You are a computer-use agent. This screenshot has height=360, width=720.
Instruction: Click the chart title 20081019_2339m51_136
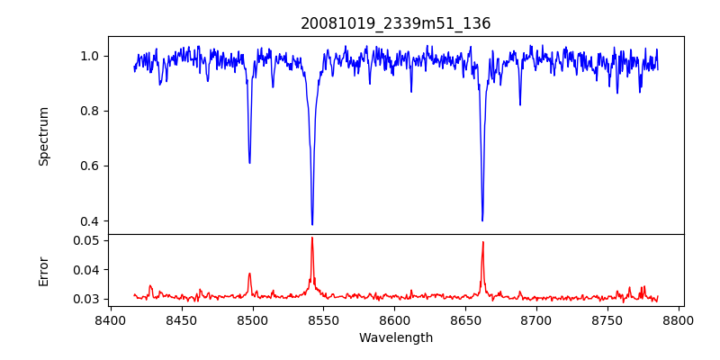click(395, 23)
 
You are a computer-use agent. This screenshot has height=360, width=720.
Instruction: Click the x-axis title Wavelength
click(395, 338)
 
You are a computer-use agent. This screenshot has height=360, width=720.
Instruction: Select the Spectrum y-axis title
click(44, 136)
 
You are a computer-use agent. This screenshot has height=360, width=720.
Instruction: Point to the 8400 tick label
click(110, 319)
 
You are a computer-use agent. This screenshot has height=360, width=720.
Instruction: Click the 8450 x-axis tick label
click(181, 319)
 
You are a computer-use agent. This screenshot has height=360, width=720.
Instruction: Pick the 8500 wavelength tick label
click(252, 319)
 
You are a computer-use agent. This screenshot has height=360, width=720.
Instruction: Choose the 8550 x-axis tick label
click(323, 319)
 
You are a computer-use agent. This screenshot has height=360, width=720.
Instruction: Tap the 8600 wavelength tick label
click(394, 319)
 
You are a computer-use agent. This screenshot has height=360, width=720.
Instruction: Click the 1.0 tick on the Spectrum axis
click(90, 56)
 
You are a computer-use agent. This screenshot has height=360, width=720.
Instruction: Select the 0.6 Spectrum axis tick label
click(90, 166)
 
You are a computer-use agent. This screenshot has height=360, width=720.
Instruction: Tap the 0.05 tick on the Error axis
click(86, 240)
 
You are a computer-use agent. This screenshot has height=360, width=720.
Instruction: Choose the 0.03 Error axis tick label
click(86, 299)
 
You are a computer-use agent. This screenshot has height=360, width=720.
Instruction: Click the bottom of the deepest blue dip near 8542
click(312, 224)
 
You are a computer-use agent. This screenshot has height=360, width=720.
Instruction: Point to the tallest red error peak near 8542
click(312, 238)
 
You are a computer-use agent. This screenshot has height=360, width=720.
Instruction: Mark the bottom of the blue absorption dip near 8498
click(249, 162)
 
